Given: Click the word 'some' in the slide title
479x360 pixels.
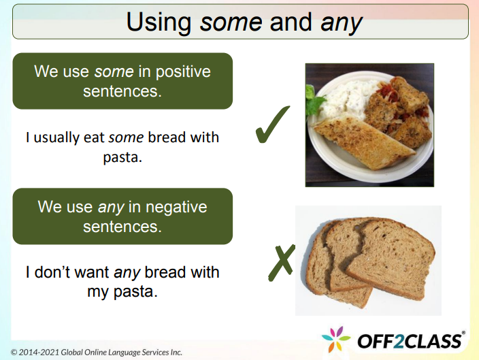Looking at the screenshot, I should click(231, 22).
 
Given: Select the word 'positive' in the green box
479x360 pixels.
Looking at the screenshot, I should click(185, 71).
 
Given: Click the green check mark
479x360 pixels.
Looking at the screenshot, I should click(271, 126).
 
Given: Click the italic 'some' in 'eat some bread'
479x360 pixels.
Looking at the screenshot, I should click(125, 137).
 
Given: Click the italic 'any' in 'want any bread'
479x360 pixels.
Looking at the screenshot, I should click(127, 273).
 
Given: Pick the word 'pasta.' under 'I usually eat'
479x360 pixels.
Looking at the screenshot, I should click(122, 157).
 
